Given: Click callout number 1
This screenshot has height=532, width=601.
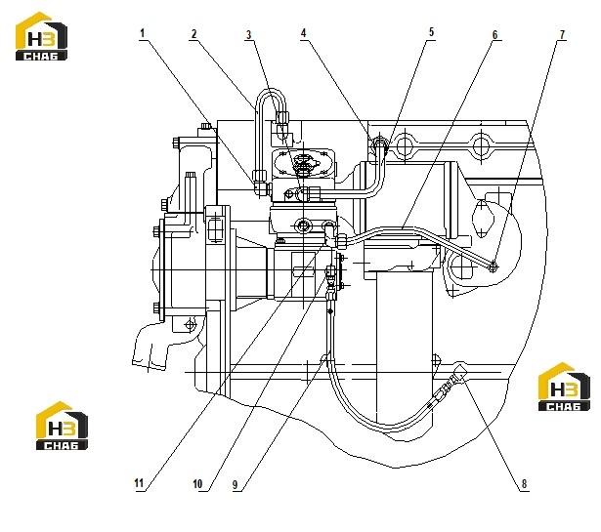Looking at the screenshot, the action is (x=143, y=33).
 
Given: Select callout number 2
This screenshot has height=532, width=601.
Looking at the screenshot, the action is (x=193, y=34).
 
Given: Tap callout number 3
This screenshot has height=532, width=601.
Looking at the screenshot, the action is (x=249, y=35).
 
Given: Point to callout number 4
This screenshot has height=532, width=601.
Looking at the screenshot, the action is (x=304, y=33).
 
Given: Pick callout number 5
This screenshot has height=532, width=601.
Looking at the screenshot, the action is (x=431, y=32).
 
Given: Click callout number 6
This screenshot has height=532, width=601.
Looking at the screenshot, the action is (x=494, y=35).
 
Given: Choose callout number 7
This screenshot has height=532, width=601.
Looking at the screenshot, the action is (x=562, y=35).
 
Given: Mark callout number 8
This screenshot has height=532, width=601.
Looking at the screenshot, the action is (x=524, y=484).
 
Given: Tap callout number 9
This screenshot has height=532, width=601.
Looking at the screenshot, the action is (x=236, y=485).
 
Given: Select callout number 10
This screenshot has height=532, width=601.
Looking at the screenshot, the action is (x=197, y=484).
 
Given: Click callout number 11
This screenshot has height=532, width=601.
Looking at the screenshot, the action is (x=139, y=483).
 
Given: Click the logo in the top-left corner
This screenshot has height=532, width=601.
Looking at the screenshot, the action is (x=41, y=36).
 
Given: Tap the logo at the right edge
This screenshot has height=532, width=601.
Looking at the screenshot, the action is (x=564, y=387).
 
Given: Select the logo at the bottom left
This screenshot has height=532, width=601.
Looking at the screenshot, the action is (x=62, y=426).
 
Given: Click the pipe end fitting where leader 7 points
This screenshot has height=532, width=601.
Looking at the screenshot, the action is (x=493, y=267).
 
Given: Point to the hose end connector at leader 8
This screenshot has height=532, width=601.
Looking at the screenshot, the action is (x=459, y=374).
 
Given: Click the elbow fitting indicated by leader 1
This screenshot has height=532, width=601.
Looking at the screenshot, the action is (x=260, y=183).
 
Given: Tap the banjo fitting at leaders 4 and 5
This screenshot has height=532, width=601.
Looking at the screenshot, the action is (x=380, y=143).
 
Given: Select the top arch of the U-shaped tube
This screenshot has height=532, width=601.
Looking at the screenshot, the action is (x=272, y=91).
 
